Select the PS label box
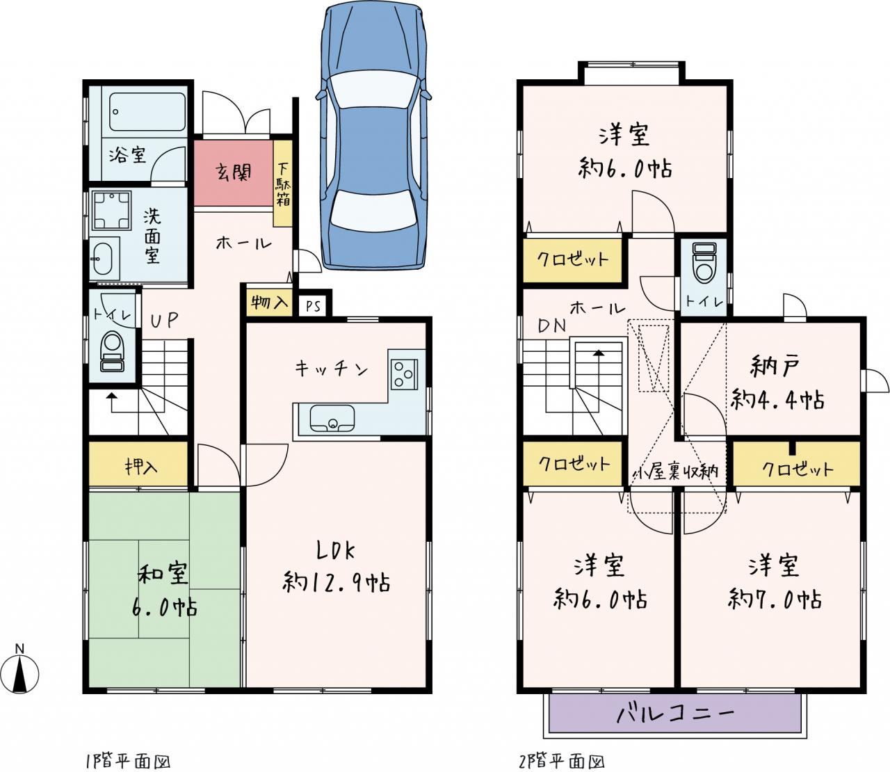[x=314, y=306]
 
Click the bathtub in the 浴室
[x=147, y=111]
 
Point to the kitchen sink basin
[x=332, y=418]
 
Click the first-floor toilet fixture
[x=112, y=351]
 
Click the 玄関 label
[x=233, y=172]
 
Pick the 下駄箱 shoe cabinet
[x=283, y=184]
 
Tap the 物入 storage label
[x=268, y=303]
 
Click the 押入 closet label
[x=141, y=466]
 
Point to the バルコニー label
[x=674, y=723]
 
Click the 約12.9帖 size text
[x=337, y=583]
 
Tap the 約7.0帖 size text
[x=775, y=600]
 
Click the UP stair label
[x=164, y=320]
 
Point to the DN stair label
[x=552, y=326]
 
